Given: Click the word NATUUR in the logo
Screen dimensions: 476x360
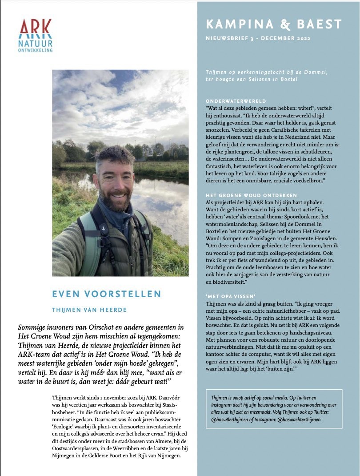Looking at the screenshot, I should pyautogui.click(x=36, y=44).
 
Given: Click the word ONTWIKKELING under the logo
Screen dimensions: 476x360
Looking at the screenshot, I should pyautogui.click(x=36, y=50).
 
